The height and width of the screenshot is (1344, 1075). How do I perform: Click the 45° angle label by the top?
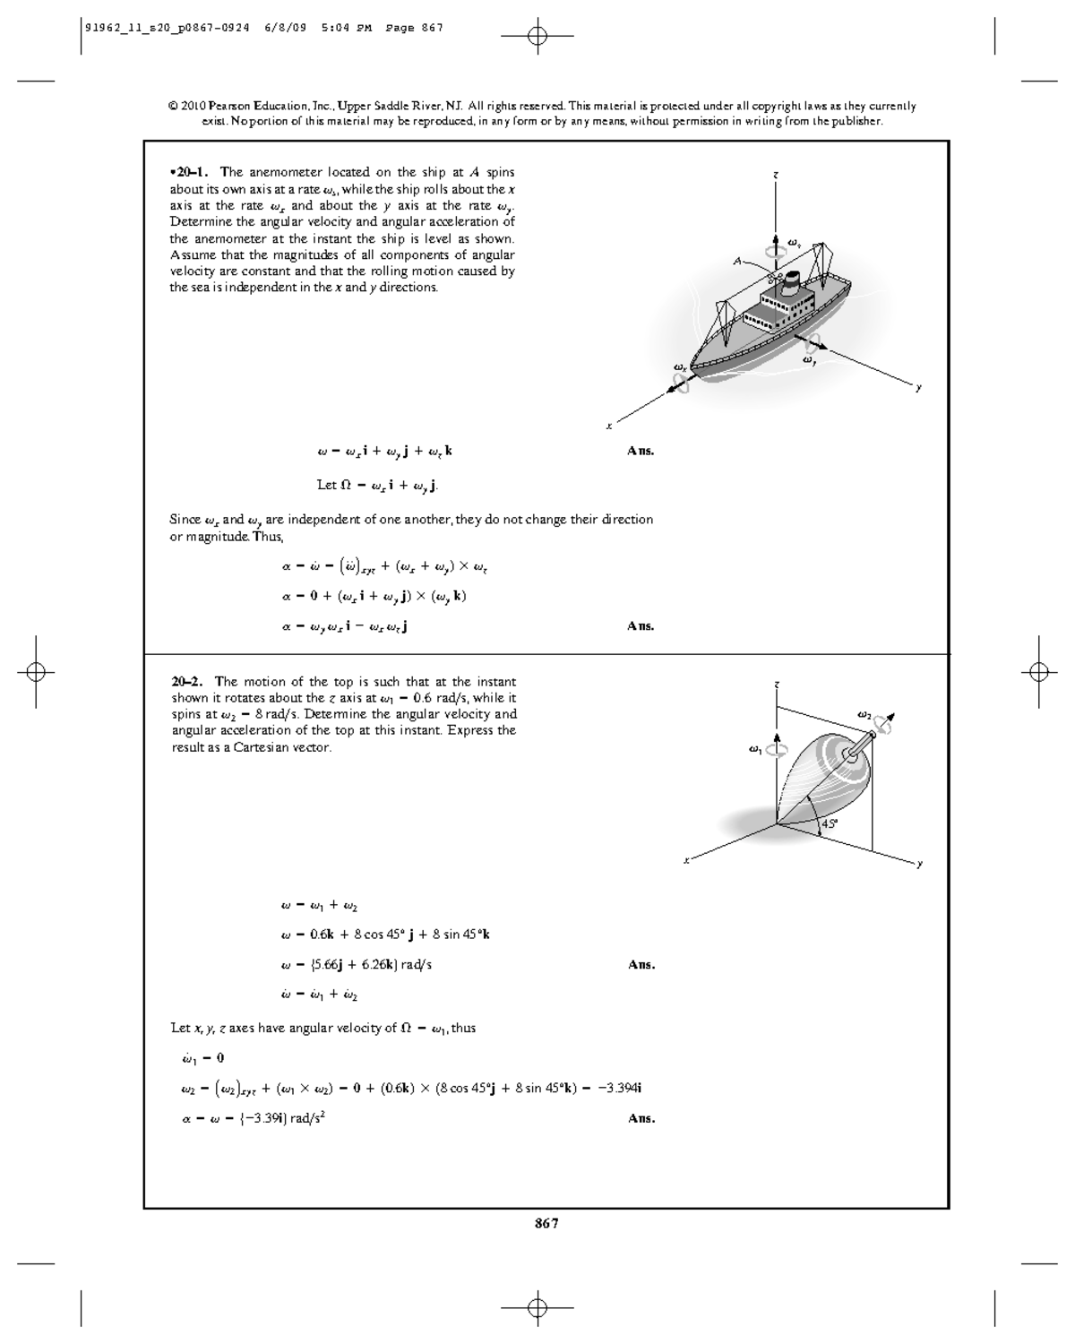pos(830,823)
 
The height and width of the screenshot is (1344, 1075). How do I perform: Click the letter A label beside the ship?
pos(737,261)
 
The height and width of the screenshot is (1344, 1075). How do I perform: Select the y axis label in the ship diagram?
pos(917,388)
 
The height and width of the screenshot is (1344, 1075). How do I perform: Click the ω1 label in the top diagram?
pos(755,749)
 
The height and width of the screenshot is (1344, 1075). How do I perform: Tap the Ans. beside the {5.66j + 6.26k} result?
pos(641,965)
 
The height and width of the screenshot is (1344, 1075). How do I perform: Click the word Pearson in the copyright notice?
pos(235,106)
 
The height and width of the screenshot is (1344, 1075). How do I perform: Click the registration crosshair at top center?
pos(537,36)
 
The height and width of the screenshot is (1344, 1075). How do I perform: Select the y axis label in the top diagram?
pos(918,864)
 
